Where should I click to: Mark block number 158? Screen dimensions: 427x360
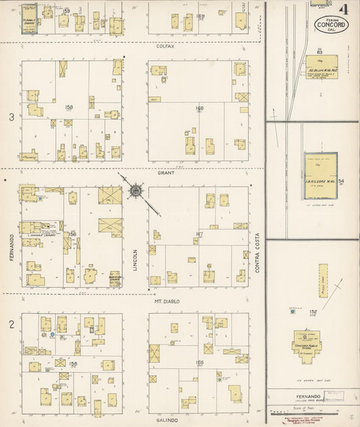(68, 107)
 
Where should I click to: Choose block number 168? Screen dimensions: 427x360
(199, 107)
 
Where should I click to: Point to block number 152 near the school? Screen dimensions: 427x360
(293, 311)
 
